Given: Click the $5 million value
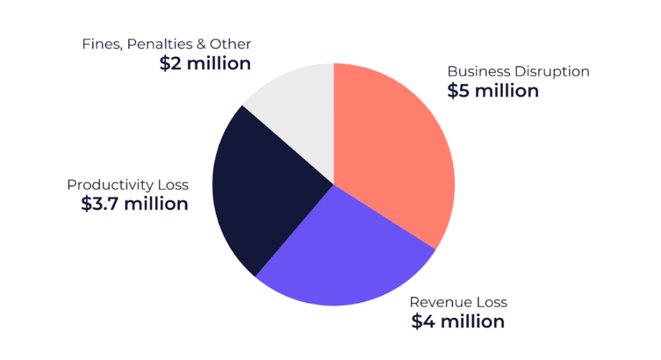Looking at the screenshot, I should point(493,91).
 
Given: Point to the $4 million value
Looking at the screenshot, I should point(458,321).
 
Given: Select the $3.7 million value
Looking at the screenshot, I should point(135,204).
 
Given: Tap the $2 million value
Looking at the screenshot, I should point(205,64).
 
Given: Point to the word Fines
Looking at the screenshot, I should point(97,45).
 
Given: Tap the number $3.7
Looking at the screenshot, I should point(100,204).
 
